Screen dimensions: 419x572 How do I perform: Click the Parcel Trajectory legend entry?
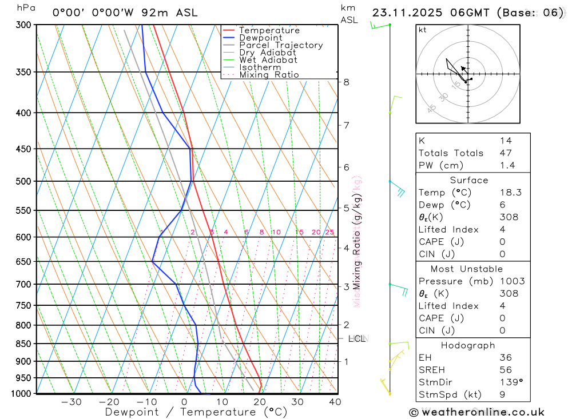click(x=281, y=45)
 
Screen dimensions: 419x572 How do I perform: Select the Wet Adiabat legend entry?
click(x=268, y=60)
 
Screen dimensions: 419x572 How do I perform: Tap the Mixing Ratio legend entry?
click(x=269, y=75)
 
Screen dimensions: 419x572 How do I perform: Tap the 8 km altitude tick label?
click(x=346, y=82)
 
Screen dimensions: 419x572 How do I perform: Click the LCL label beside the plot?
click(x=356, y=338)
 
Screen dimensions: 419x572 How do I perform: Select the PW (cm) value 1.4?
click(x=507, y=166)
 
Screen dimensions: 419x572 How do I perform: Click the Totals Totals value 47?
click(x=506, y=153)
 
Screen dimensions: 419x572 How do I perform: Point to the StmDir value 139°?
click(x=510, y=382)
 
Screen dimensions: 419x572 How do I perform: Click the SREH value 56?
click(x=506, y=370)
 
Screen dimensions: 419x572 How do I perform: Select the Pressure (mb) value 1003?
click(x=511, y=281)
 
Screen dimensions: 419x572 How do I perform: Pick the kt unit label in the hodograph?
click(x=423, y=30)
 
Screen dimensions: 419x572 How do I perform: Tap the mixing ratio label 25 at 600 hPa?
click(x=329, y=232)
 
